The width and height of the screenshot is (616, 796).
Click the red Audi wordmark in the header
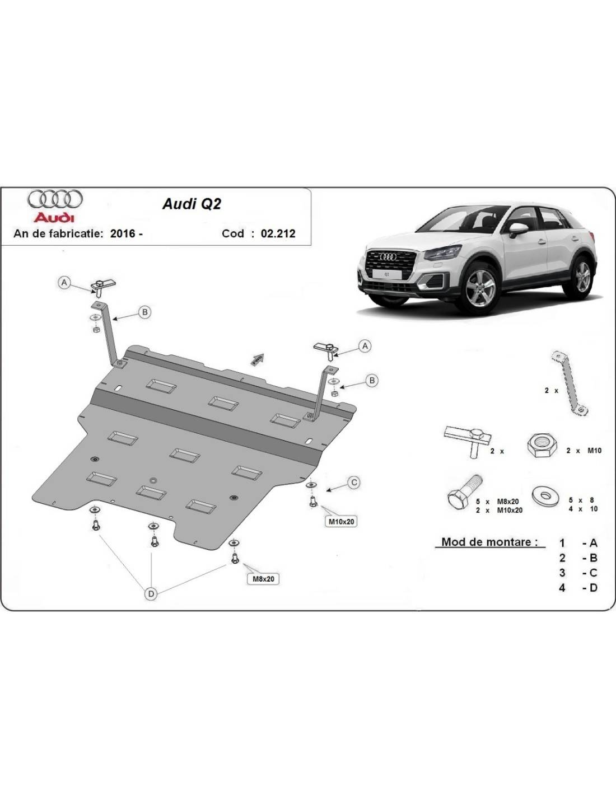(54, 218)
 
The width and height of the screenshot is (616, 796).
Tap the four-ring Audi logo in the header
(55, 200)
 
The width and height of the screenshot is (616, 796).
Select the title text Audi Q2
(192, 204)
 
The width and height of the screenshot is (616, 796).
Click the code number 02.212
(278, 234)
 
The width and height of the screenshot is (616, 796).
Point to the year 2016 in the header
(123, 234)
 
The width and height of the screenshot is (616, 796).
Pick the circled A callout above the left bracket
(64, 283)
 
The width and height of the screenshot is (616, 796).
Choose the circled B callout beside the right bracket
(372, 381)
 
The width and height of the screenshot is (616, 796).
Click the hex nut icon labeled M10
(542, 444)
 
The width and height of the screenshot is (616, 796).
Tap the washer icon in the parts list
(545, 497)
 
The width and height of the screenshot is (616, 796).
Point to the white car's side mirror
(518, 230)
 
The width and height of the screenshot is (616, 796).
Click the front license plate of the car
(386, 274)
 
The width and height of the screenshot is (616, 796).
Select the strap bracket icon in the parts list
(570, 383)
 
